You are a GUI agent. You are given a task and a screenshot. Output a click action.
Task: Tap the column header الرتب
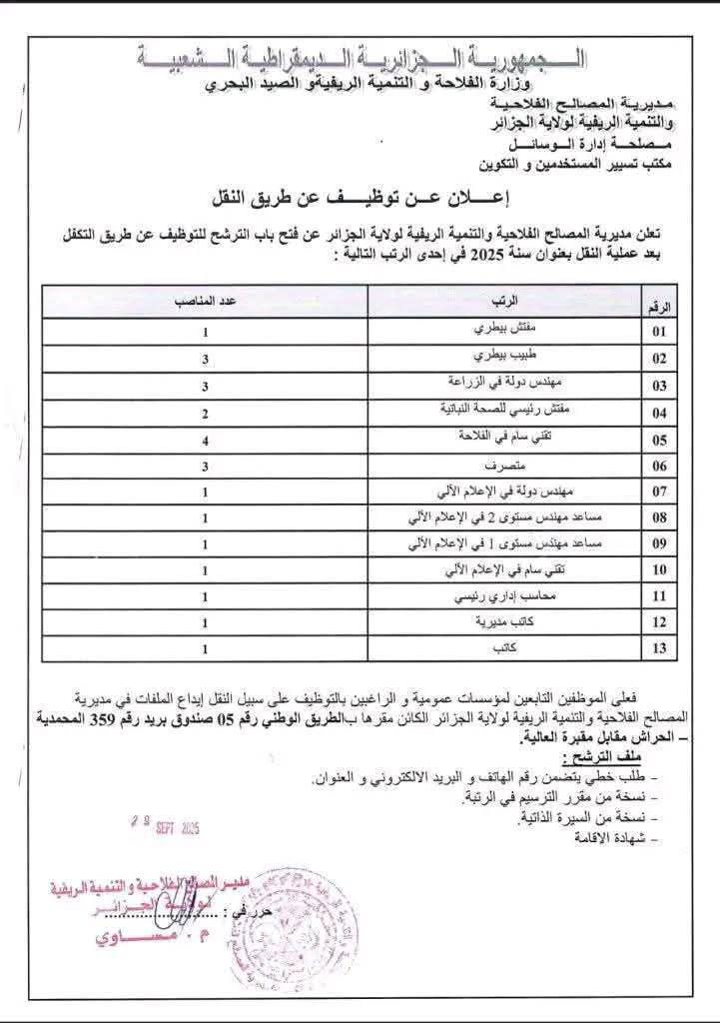point(505,301)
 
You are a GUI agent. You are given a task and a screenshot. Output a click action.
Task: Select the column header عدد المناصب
point(205,301)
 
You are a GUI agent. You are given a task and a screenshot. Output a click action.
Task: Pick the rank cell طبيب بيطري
point(505,357)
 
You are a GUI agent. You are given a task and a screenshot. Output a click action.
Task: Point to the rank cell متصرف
point(505,466)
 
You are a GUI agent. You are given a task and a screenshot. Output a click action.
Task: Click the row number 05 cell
point(659,439)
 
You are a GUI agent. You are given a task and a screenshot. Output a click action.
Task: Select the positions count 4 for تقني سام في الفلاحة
point(205,438)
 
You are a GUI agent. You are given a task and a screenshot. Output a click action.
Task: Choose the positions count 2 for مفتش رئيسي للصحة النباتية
point(205,411)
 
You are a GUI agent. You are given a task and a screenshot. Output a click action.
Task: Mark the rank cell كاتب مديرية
point(504,622)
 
